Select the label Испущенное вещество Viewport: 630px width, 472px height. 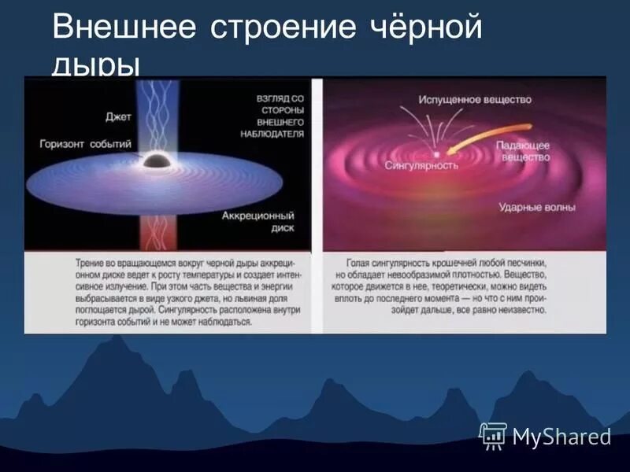click(x=465, y=100)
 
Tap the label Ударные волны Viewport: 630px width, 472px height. click(x=537, y=208)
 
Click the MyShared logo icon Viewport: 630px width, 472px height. click(x=493, y=435)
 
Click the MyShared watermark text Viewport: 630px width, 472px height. click(x=561, y=437)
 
